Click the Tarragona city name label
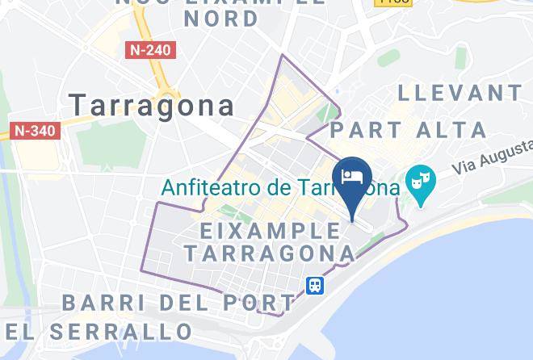pyautogui.click(x=152, y=105)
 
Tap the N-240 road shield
pyautogui.click(x=150, y=50)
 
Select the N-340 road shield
pyautogui.click(x=36, y=130)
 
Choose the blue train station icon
pyautogui.click(x=314, y=285)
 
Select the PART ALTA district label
pyautogui.click(x=409, y=129)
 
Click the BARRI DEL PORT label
pyautogui.click(x=178, y=303)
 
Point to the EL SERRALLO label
pyautogui.click(x=97, y=331)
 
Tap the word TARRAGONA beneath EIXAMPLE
pyautogui.click(x=269, y=253)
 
